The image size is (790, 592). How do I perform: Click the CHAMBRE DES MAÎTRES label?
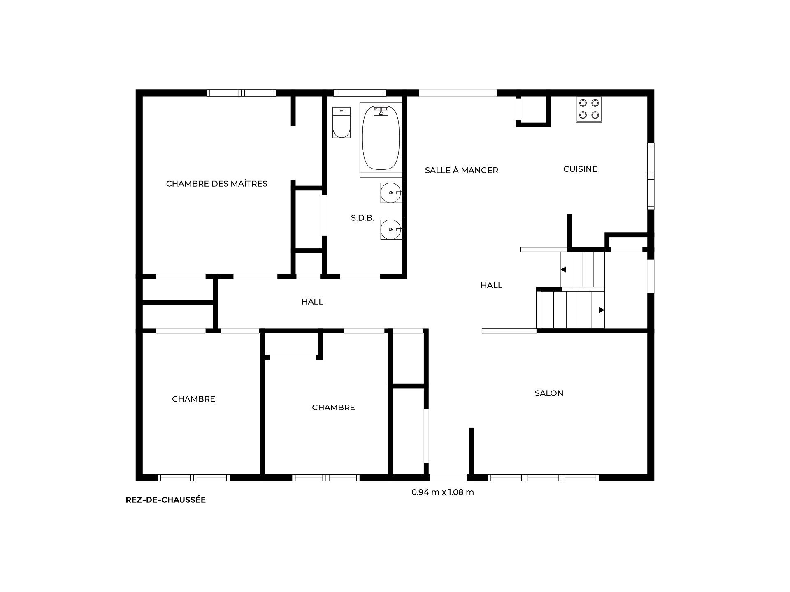point(216,184)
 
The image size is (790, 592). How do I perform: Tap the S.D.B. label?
point(362,218)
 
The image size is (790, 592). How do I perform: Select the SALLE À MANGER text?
point(461,170)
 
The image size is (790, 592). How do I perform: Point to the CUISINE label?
point(580,169)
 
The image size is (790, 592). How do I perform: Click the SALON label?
point(549,393)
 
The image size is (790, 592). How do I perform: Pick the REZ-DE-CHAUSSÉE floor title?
point(165,500)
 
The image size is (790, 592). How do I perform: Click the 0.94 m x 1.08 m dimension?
point(443,492)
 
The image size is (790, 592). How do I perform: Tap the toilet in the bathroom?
point(341,122)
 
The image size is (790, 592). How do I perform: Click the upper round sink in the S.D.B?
point(390,193)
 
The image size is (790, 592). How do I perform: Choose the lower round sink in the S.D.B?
point(390,229)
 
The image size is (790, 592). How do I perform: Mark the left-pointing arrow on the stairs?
point(564,270)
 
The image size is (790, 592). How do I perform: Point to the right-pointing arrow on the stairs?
point(602,310)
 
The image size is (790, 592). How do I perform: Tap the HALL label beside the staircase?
point(491,285)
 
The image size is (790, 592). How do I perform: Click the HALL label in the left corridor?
point(312,302)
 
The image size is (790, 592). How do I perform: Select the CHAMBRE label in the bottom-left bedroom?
point(193,399)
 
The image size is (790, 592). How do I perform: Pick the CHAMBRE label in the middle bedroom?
point(333,407)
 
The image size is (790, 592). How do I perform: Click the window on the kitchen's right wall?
point(651,176)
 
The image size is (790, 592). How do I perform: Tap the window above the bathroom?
point(359,92)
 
